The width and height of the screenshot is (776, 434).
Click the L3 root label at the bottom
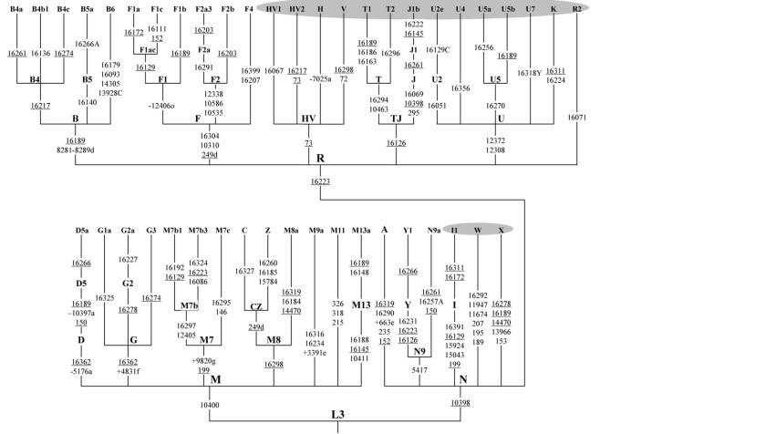337,414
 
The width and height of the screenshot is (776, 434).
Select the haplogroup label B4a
16,9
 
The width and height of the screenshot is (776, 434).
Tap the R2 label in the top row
576,9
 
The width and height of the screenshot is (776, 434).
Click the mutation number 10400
211,405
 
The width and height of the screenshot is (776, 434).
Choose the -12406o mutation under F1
162,106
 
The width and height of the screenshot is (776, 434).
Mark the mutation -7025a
320,79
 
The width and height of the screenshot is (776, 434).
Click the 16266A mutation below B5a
87,44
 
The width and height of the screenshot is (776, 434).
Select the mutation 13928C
110,92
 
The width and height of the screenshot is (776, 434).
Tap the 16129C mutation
438,49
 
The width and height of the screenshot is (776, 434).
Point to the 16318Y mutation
530,72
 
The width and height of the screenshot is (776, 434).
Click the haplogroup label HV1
274,9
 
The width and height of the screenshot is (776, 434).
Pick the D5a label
82,230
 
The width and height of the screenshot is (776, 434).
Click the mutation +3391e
316,352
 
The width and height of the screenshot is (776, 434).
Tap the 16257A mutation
431,301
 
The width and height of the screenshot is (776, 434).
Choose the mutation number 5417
419,370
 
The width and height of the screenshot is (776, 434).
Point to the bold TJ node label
396,118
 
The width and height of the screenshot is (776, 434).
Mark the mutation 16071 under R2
576,118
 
